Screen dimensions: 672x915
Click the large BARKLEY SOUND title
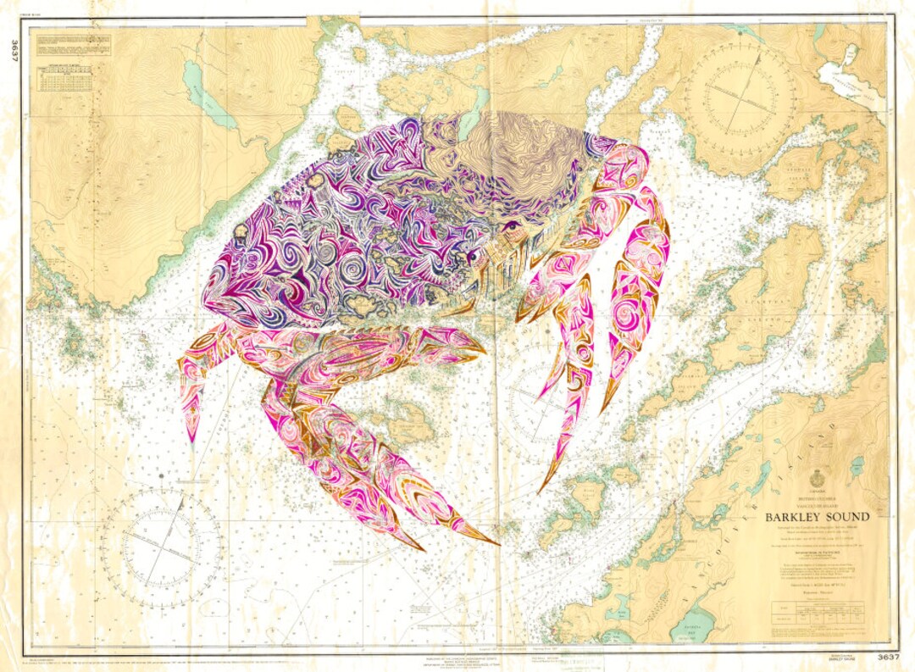click(817, 516)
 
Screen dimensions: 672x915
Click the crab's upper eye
click(511, 227)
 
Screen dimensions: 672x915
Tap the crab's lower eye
click(472, 253)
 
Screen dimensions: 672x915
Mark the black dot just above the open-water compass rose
click(161, 484)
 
